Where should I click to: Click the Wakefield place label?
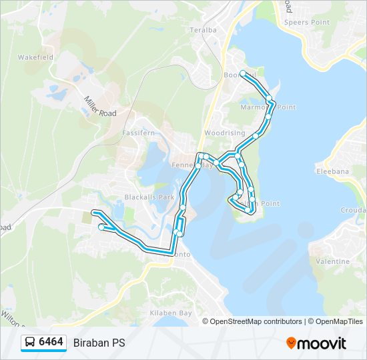36,57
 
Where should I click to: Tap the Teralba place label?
204,30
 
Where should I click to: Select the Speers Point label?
306,22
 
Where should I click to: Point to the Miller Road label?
100,106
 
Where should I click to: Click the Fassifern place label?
138,133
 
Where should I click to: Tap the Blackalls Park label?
149,197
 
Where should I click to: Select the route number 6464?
51,343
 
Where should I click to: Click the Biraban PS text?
99,343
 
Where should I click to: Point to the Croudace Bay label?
354,209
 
